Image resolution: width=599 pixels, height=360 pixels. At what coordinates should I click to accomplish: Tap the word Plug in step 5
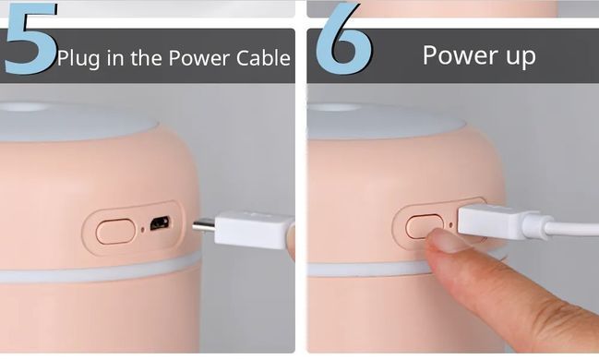coord(78,58)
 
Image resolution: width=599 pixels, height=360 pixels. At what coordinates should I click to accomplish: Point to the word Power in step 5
coord(199,58)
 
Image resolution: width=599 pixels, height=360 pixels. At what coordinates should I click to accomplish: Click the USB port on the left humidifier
coord(160,223)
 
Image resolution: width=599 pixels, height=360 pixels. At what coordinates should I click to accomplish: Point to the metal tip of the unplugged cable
coord(204,226)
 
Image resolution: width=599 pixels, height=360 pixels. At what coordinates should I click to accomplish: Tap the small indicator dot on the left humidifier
coord(143,230)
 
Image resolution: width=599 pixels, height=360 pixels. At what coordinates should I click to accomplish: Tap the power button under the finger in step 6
coord(424,225)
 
